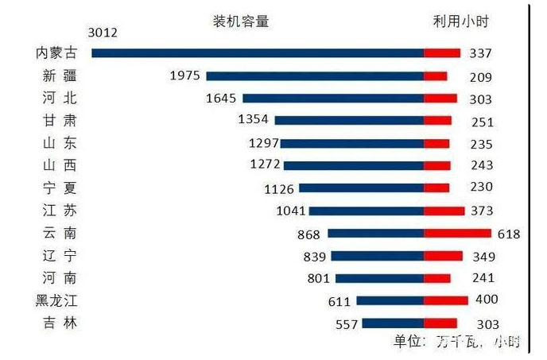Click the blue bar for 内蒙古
click(x=258, y=53)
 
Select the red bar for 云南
click(x=457, y=234)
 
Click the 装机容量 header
click(x=242, y=21)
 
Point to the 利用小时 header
click(x=455, y=21)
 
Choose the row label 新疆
click(x=59, y=76)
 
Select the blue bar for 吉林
click(x=392, y=323)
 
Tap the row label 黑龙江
click(x=56, y=301)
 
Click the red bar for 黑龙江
click(x=445, y=300)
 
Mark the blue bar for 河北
click(x=332, y=99)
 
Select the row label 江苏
click(x=59, y=211)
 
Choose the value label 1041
click(x=289, y=211)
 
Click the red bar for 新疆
click(x=435, y=76)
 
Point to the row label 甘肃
click(x=59, y=121)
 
